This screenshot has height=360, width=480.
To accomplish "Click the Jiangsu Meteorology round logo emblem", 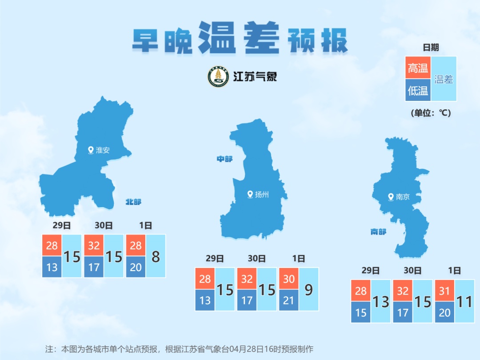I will tap(219, 77).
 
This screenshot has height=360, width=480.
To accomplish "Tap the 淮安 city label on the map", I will tap(103, 150).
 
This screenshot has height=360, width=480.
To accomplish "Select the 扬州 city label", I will tap(262, 195).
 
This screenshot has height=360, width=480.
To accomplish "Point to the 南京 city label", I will tap(403, 197).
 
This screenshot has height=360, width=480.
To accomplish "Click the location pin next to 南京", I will tap(391, 196).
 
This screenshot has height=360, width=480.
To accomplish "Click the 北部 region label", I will tap(133, 202).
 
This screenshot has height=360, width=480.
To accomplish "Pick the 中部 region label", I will tap(224, 159).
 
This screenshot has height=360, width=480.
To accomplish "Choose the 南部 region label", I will tap(378, 232).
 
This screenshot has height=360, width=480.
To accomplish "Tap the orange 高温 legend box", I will tap(418, 68).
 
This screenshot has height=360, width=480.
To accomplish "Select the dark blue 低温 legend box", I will tap(418, 91).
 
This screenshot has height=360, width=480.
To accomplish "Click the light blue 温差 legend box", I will tap(444, 79).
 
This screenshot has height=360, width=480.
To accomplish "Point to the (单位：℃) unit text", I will tap(431, 113).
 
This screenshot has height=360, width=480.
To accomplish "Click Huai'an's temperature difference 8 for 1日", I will tap(156, 256).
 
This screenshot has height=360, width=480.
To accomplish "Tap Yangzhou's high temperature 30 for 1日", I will tap(288, 279).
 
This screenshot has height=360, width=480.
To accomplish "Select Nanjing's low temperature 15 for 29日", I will tap(361, 313).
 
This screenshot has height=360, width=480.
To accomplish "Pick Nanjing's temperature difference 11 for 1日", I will tap(464, 302).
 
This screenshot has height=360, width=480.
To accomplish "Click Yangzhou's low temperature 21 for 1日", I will tap(288, 300).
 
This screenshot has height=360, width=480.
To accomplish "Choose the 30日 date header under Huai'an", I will tap(104, 226).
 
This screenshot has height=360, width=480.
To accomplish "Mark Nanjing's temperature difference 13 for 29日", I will tap(380, 302).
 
